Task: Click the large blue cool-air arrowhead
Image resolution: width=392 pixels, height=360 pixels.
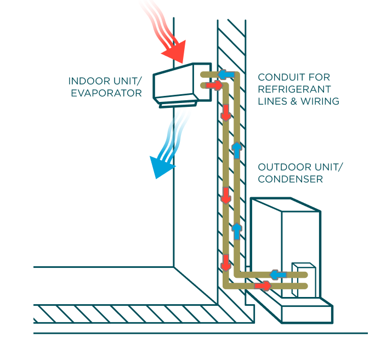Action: click(162, 167)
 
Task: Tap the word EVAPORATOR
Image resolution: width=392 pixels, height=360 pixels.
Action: click(106, 93)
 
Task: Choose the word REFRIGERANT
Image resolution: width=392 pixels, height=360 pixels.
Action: click(294, 89)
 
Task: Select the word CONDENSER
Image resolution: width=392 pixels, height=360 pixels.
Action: click(290, 179)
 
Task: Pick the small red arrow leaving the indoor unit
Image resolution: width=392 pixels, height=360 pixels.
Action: click(216, 85)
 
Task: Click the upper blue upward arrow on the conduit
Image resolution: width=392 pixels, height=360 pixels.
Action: click(236, 150)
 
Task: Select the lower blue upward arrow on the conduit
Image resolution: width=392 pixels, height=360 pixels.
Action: click(236, 230)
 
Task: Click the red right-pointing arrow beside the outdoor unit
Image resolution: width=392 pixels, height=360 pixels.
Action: click(264, 285)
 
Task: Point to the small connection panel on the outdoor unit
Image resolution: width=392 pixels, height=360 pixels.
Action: click(302, 279)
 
